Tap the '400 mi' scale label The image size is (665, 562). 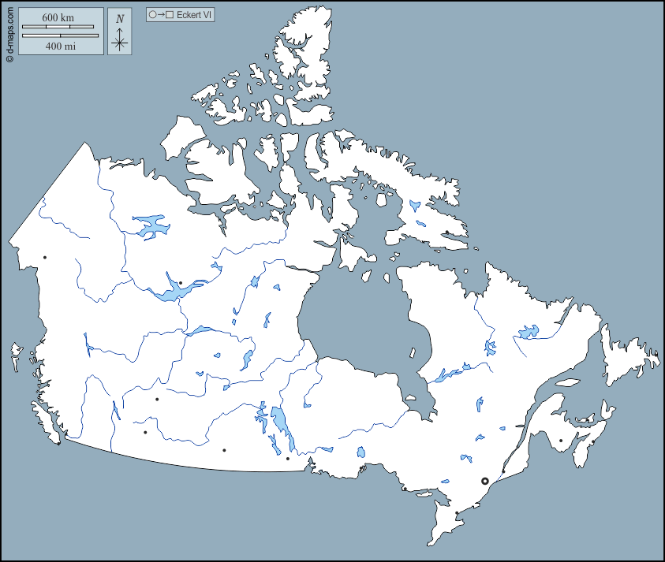pos(60,46)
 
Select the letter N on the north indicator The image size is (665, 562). pos(119,19)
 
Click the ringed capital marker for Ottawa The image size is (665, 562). pos(485,481)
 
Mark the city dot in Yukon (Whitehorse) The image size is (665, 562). pos(45,258)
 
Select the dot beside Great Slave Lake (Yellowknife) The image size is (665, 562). pos(181,283)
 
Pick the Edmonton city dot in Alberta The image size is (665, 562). pos(157,400)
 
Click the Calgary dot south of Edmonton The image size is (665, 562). pos(145,432)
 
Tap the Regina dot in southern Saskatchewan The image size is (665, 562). pos(224,450)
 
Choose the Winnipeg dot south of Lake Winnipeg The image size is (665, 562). pos(287,458)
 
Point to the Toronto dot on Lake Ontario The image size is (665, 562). pos(457,513)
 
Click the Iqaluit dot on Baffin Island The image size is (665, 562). pos(446,232)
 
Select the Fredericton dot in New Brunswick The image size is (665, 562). pos(561,441)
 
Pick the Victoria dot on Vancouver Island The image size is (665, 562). pos(58,443)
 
